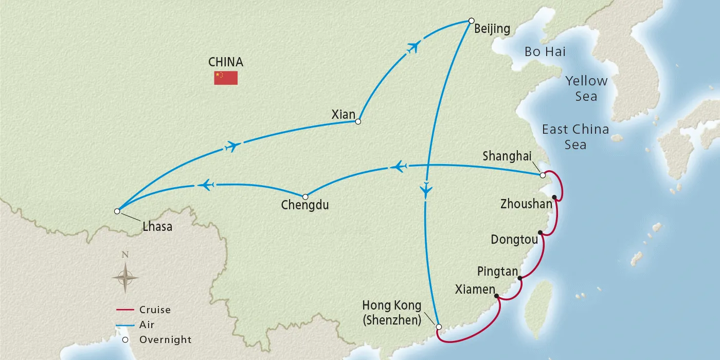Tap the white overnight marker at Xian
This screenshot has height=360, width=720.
click(358, 122)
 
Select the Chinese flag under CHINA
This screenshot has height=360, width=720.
click(226, 78)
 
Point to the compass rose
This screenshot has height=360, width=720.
click(125, 277)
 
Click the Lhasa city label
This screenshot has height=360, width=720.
click(157, 227)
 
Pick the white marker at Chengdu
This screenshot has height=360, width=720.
click(305, 197)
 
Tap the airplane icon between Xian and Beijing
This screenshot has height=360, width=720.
click(413, 47)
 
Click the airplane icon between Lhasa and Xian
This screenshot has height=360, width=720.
click(232, 146)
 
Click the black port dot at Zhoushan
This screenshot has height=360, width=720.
click(554, 197)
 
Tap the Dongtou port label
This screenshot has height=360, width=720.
click(514, 240)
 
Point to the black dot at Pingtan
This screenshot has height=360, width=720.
click(520, 278)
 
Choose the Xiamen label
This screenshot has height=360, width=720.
click(474, 290)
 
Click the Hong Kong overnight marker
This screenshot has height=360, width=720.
click(439, 327)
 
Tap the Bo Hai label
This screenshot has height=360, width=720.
click(545, 51)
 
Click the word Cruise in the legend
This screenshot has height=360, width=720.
click(155, 310)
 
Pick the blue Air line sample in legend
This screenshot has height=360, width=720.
click(125, 325)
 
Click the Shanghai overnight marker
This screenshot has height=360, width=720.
click(543, 175)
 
